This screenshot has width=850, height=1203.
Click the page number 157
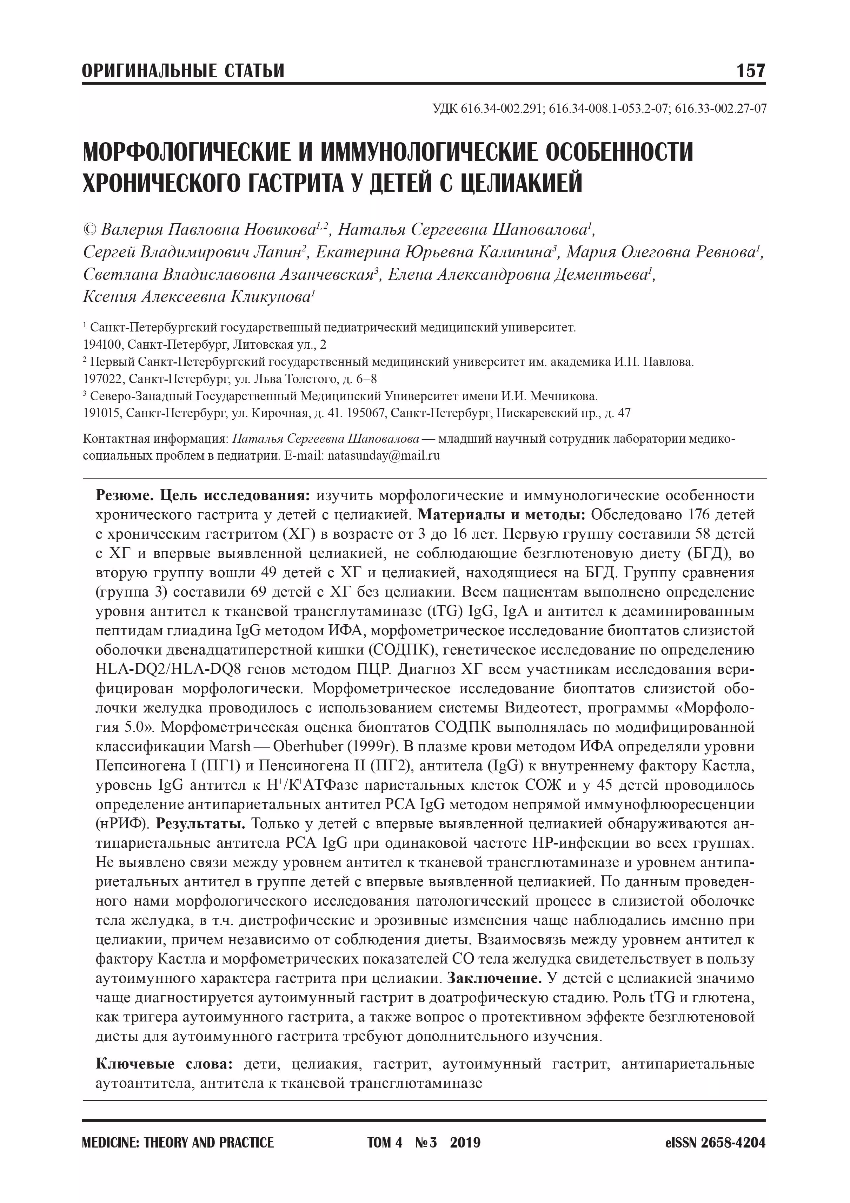[x=750, y=71]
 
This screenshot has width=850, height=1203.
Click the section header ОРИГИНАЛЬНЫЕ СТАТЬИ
[x=183, y=71]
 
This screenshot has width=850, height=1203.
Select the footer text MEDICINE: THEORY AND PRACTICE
[x=178, y=1143]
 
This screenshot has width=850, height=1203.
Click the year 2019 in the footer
[x=465, y=1143]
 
